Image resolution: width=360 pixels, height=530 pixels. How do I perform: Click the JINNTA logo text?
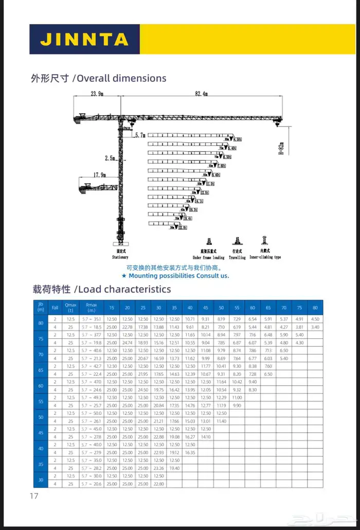84,39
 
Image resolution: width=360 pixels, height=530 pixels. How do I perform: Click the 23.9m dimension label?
97,94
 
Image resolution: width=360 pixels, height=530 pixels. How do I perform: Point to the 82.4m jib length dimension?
201,94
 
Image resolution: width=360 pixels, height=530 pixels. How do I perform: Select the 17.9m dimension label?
99,175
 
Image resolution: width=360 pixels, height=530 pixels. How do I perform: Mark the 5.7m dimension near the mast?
139,135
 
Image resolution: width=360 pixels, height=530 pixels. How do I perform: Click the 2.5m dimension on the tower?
110,158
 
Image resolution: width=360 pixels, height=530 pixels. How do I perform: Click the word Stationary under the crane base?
120,257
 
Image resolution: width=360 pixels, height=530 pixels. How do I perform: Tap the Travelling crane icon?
237,241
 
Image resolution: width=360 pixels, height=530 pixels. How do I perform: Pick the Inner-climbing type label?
265,257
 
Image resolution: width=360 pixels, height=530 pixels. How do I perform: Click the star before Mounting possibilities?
124,276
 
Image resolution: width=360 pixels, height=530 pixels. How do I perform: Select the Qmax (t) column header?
70,307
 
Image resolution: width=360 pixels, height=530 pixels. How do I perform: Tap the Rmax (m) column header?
91,307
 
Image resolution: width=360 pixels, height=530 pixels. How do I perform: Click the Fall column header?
55,307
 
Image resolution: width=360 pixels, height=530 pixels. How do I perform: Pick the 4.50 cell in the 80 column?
315,319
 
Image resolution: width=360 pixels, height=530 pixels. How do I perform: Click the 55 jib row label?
41,401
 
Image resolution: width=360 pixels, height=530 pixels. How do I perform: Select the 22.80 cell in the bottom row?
158,484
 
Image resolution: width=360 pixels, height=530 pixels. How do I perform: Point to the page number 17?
34,496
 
